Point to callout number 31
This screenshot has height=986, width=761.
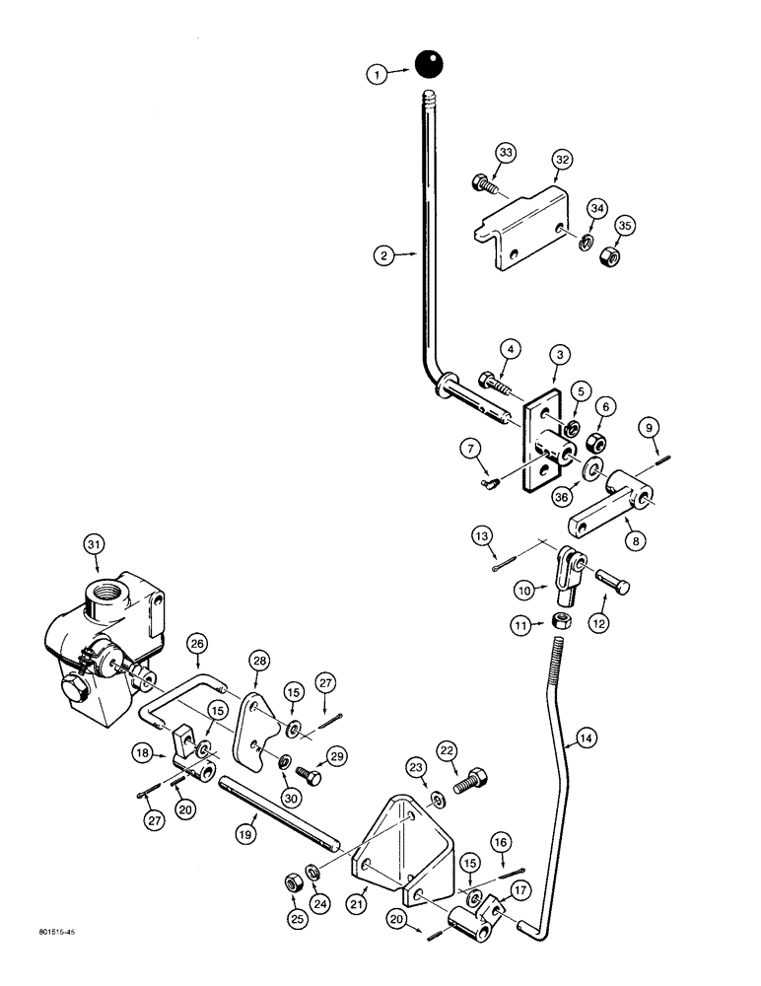point(94,543)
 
